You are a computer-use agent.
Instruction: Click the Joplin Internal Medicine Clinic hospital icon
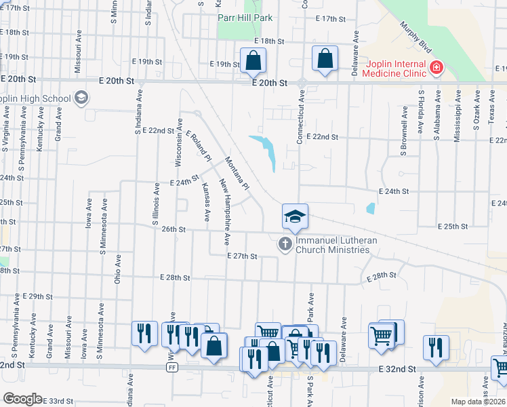[x=435, y=67]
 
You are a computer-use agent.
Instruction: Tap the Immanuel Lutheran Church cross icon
[x=285, y=244]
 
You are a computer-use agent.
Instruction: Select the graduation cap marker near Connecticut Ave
[x=295, y=216]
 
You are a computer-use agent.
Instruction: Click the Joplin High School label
[x=37, y=99]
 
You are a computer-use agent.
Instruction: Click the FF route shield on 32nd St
[x=172, y=367]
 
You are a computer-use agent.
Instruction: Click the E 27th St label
[x=242, y=256]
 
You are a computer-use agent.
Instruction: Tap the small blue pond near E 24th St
[x=370, y=209]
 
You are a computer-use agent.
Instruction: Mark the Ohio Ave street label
[x=118, y=269]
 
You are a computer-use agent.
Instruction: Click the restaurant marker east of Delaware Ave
[x=436, y=347]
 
